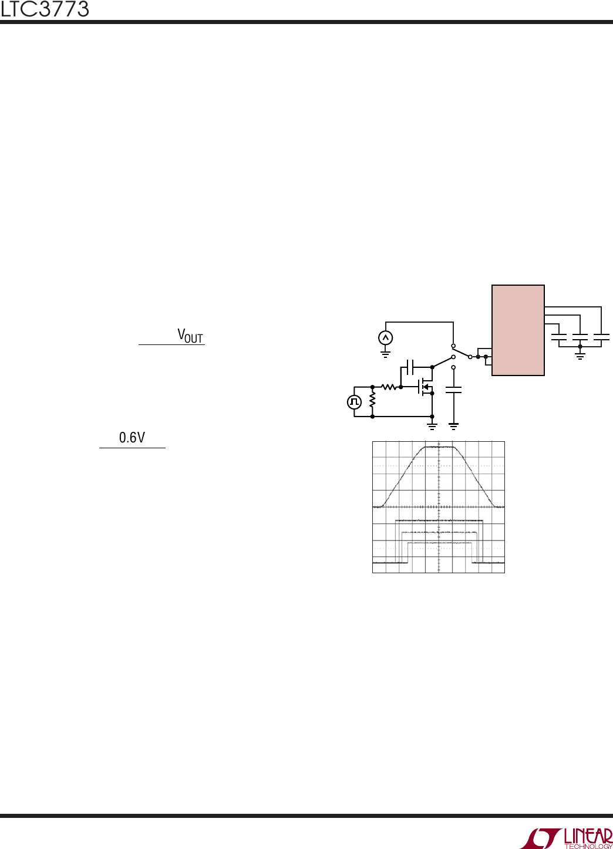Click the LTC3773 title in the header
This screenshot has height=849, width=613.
click(x=45, y=9)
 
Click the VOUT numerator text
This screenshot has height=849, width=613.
click(x=190, y=336)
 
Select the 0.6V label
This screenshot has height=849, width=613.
click(x=132, y=437)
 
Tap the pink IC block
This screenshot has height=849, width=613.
click(x=518, y=330)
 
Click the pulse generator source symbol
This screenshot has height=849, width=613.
click(x=354, y=402)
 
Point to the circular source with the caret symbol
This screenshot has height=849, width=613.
click(x=385, y=338)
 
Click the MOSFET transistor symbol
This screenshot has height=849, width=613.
click(x=425, y=387)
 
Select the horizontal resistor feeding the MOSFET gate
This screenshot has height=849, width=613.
click(x=389, y=387)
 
